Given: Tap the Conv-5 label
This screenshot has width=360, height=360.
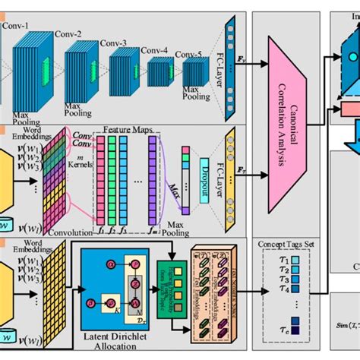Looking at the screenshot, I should pyautogui.click(x=189, y=55).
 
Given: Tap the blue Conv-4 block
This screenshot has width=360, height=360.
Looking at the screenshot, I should pyautogui.click(x=160, y=73).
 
